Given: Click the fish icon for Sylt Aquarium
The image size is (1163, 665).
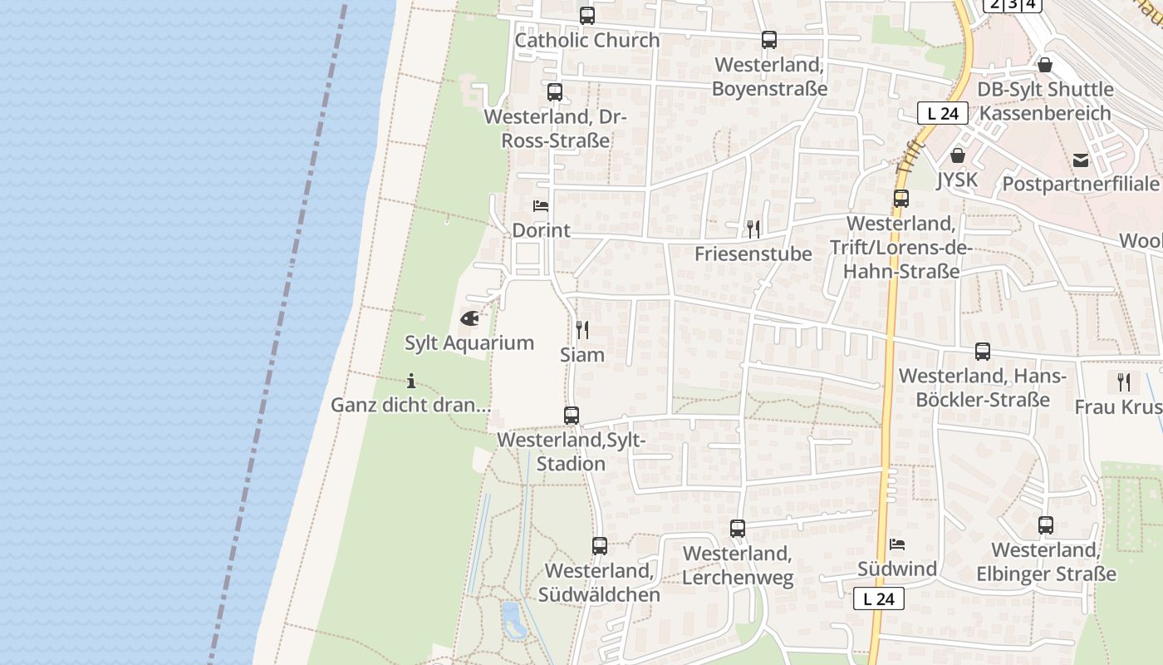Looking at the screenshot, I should [469, 318].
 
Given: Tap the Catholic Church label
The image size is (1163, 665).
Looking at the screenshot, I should [587, 40].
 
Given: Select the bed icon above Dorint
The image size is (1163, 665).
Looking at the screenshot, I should [541, 205].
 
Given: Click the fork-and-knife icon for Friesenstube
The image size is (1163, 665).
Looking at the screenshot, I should [753, 229].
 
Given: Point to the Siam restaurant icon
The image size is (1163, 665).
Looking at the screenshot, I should [582, 330].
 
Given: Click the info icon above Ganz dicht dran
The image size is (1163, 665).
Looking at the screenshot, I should [411, 382].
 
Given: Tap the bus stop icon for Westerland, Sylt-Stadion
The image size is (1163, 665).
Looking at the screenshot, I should [572, 416].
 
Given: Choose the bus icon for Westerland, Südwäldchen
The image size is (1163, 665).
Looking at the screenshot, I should [600, 546].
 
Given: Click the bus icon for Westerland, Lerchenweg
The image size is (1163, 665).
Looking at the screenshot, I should [738, 528].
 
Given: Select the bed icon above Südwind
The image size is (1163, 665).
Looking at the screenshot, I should [897, 544].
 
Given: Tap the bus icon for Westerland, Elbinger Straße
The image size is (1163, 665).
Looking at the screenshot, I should [1046, 525].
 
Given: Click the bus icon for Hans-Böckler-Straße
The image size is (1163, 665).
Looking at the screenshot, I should [983, 352].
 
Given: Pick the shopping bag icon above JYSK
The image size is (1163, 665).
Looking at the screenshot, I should [958, 155].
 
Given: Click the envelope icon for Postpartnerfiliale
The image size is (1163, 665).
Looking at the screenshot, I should [1081, 160].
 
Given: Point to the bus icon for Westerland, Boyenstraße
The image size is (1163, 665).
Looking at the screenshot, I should [769, 40].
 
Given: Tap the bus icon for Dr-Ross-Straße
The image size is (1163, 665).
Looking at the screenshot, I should [555, 92].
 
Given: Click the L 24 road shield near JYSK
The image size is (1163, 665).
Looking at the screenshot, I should [943, 113].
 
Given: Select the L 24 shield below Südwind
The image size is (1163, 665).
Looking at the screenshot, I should [879, 598].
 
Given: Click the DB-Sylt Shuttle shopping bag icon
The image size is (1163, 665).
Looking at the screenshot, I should [1045, 64].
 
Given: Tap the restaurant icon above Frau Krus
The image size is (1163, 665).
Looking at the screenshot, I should [1124, 382].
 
